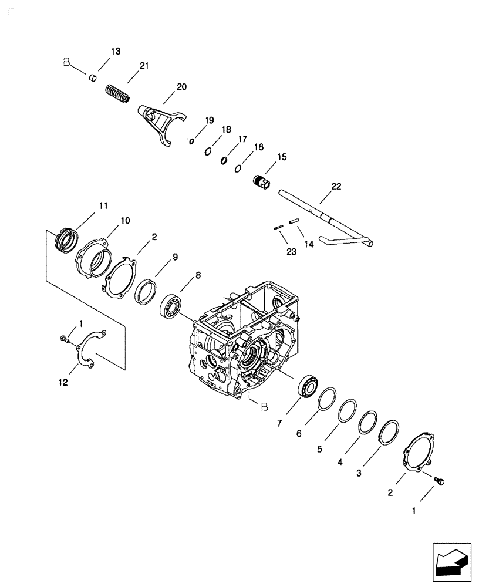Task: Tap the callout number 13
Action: [x=115, y=52]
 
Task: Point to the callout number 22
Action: [x=335, y=186]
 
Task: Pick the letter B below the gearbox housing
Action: [x=264, y=406]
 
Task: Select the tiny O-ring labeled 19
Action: [x=191, y=141]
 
